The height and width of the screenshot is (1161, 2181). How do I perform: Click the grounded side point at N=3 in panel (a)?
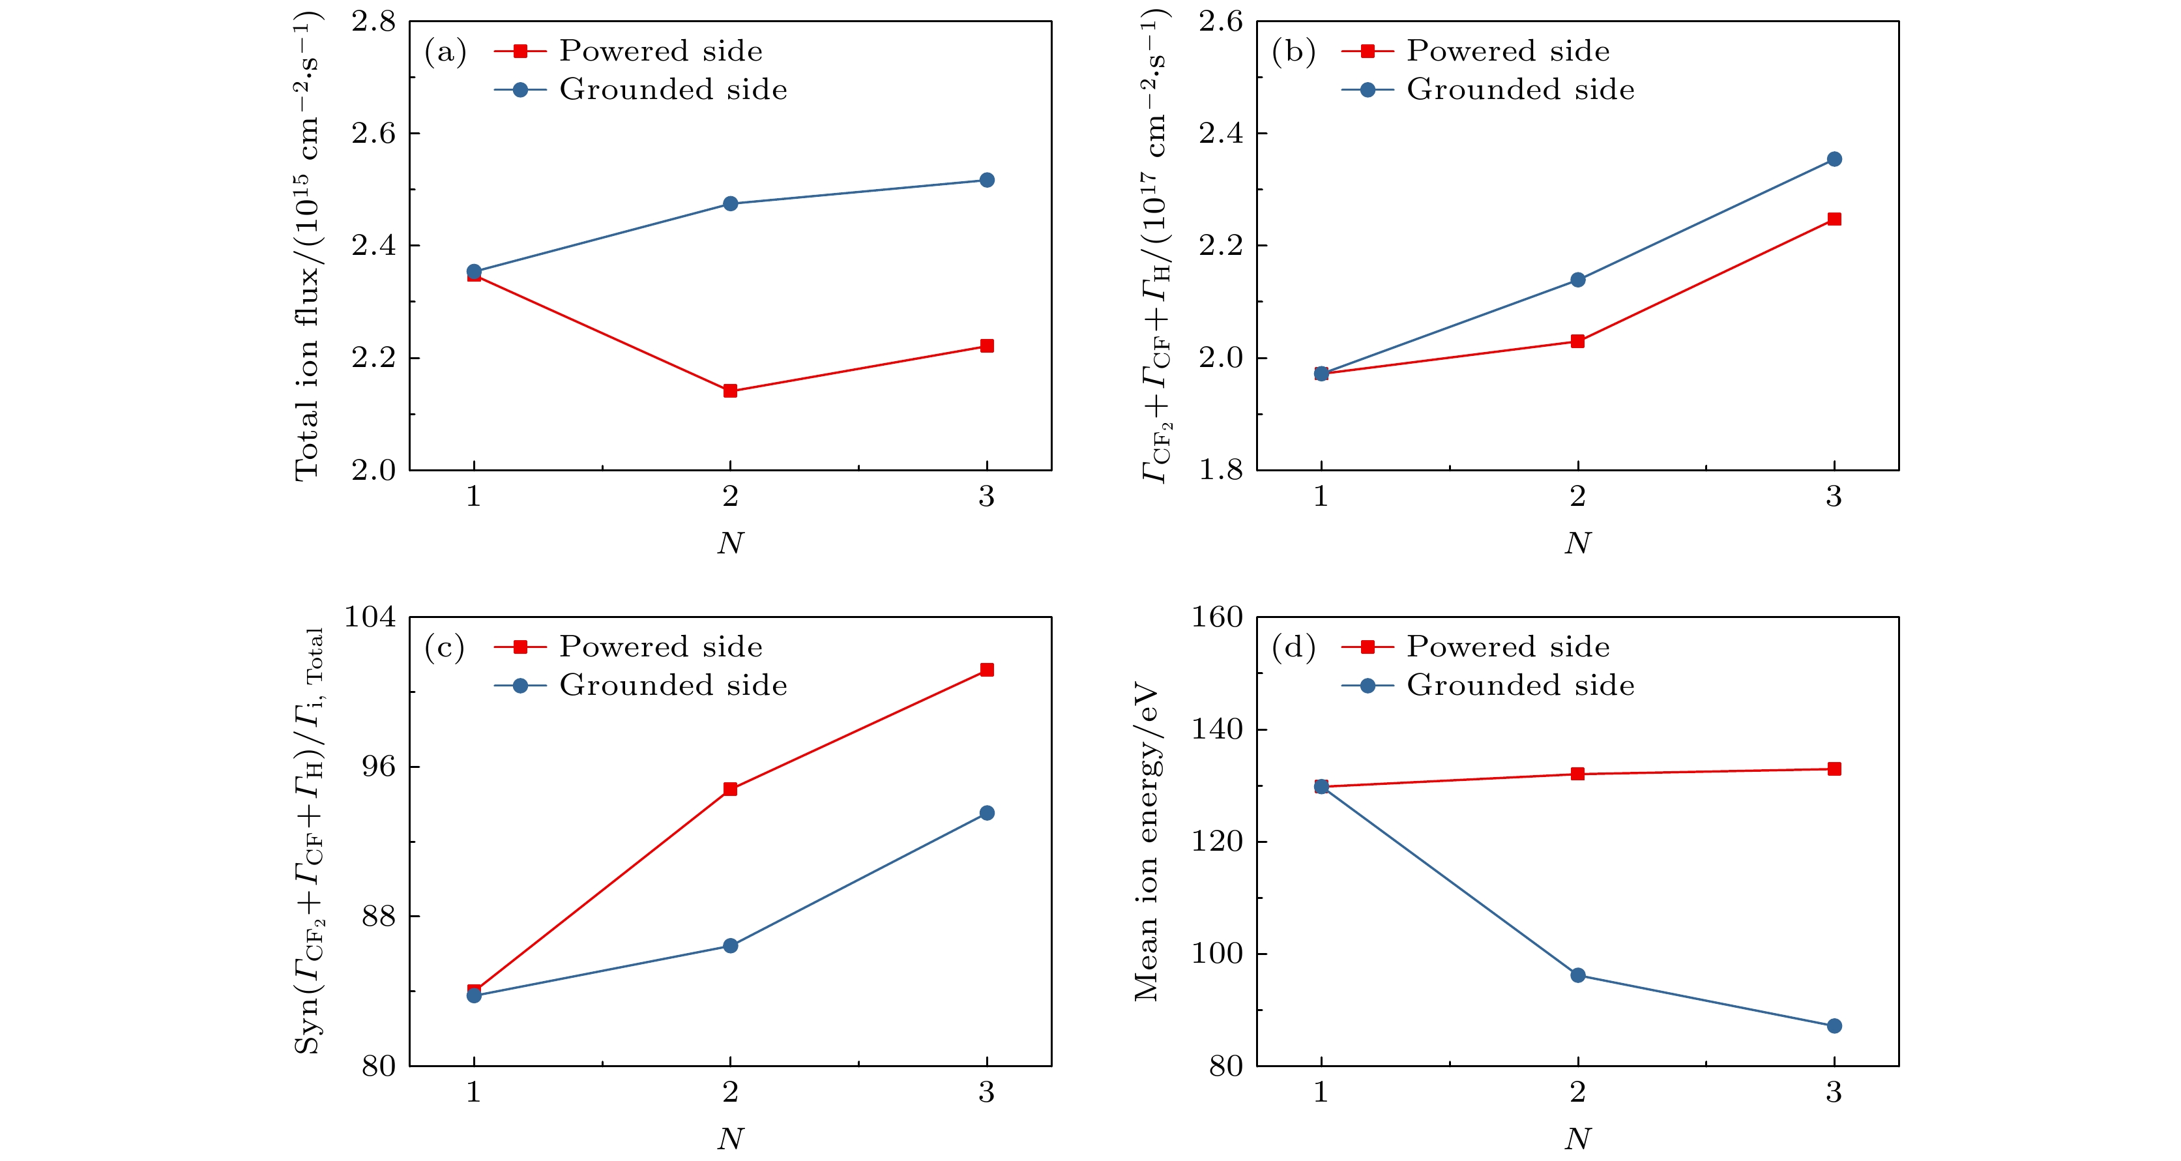(986, 181)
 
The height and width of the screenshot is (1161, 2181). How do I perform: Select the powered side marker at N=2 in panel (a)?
(730, 390)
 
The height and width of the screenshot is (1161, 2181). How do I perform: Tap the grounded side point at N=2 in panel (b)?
(1577, 280)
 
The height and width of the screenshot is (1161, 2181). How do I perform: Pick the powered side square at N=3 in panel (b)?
(1834, 219)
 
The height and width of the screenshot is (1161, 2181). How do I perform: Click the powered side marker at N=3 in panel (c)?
(986, 670)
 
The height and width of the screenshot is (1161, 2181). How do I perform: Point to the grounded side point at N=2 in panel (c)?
(730, 946)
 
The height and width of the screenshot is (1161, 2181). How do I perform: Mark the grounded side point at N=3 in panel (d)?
(1834, 1026)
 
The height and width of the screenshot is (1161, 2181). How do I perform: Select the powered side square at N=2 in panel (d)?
(1577, 774)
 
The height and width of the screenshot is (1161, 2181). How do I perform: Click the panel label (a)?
(445, 53)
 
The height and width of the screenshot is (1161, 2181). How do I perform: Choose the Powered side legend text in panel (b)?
(1508, 51)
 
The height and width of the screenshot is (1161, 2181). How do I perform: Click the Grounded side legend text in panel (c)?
(673, 685)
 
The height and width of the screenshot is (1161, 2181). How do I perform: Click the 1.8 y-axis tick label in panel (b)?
(1220, 470)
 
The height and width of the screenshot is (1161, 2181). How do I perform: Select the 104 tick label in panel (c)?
(369, 617)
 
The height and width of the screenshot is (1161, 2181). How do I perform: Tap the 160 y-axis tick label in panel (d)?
(1217, 617)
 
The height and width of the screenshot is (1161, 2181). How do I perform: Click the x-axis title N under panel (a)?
(730, 543)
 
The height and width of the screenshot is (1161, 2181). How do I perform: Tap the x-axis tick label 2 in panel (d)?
(1577, 1093)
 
